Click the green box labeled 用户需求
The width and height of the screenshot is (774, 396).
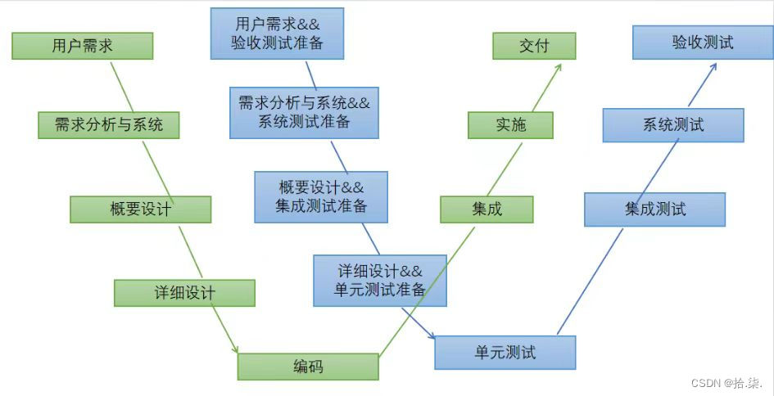pos(82,46)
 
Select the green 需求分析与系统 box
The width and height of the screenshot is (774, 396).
pos(108,125)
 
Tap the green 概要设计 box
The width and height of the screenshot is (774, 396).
pos(140,209)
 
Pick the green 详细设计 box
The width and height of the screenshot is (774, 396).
pos(184,293)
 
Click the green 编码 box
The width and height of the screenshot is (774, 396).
pos(308,367)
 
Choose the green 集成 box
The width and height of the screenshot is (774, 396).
pos(487,209)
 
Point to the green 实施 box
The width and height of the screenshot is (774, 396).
pos(510,125)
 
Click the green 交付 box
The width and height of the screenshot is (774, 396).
pos(534,46)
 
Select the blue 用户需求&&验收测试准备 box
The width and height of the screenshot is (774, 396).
pos(277,34)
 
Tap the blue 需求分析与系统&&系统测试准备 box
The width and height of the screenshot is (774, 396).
pos(304,112)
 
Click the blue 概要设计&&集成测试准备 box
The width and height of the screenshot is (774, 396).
pos(321,196)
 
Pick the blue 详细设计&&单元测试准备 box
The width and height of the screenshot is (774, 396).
pos(380,280)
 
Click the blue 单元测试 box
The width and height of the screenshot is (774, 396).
pos(505,353)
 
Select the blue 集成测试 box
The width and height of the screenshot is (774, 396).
pos(654,209)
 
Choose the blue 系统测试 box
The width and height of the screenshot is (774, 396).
pos(673,125)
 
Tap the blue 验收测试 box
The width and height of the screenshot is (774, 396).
pos(703,43)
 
